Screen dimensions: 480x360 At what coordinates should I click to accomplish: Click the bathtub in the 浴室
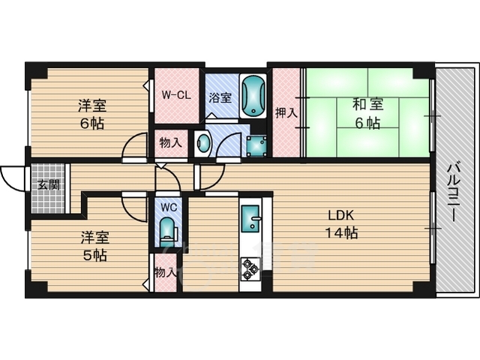(x=253, y=96)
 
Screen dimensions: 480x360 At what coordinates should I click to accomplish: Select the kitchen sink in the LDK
(x=251, y=218)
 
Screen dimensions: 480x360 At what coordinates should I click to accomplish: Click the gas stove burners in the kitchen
(x=250, y=269)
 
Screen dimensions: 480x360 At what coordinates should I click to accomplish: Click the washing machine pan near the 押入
(x=256, y=146)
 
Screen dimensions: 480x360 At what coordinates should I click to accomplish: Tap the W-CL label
(x=176, y=95)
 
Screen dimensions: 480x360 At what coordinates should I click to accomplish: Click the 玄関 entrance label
(x=49, y=185)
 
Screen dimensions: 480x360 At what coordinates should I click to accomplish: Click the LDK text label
(x=341, y=216)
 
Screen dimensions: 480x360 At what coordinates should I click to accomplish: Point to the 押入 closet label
(x=286, y=112)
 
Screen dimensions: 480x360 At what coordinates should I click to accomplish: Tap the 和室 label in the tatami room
(x=368, y=105)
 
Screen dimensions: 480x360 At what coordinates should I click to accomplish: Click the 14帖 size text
(x=341, y=233)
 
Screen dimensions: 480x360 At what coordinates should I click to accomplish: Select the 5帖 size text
(x=95, y=255)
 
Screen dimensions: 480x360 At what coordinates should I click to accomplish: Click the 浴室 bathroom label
(x=220, y=97)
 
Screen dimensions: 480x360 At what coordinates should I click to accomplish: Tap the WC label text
(x=169, y=208)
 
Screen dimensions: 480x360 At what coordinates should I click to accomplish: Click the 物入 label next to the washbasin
(x=171, y=143)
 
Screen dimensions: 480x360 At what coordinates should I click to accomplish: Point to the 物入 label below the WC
(x=166, y=272)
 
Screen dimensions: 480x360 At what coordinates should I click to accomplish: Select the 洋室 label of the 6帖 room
(x=91, y=106)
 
